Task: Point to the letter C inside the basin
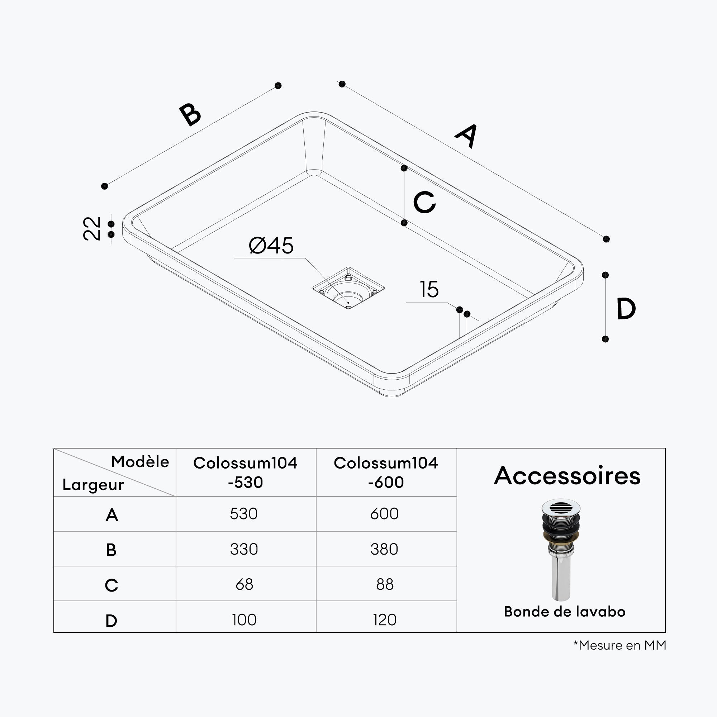[424, 202]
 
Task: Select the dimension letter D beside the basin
[626, 308]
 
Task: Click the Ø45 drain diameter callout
[271, 245]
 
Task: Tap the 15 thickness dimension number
[429, 289]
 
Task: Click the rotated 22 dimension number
[92, 229]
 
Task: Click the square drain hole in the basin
[348, 288]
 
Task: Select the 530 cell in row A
[244, 514]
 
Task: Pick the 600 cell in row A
[384, 514]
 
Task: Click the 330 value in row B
[244, 549]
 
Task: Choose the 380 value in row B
[384, 549]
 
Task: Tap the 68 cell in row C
[244, 584]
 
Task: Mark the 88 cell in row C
[385, 584]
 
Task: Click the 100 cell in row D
[244, 620]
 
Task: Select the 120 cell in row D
[385, 620]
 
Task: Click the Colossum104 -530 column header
[245, 473]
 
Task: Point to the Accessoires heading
[567, 476]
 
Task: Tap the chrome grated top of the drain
[561, 507]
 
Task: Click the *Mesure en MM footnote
[619, 645]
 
